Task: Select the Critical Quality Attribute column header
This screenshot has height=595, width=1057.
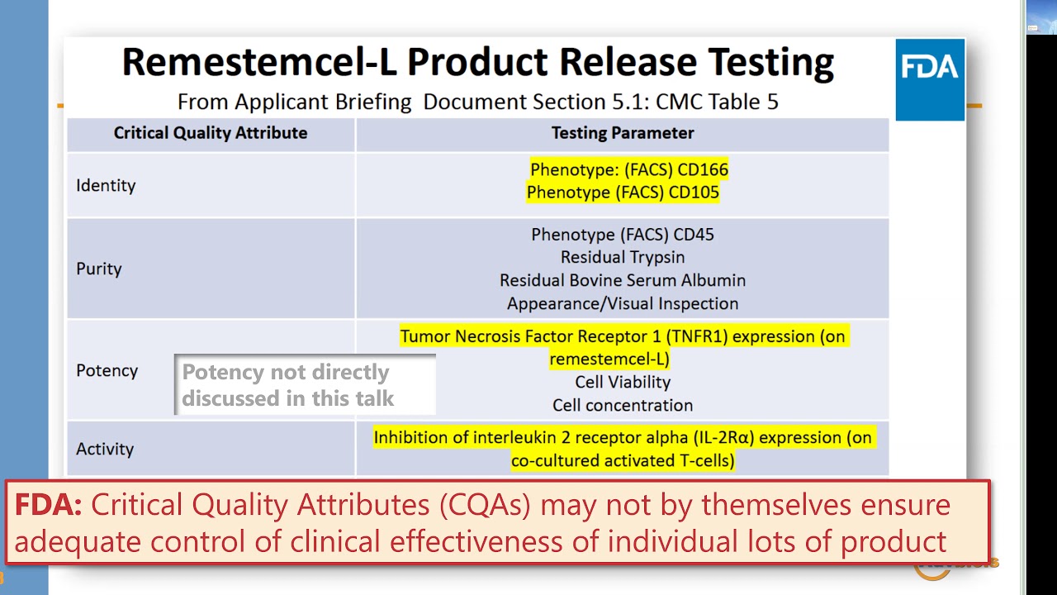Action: pyautogui.click(x=211, y=133)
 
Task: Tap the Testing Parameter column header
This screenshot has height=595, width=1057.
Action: pyautogui.click(x=623, y=133)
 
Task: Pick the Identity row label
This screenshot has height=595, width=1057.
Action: pyautogui.click(x=106, y=186)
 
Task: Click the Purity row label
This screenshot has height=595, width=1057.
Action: pyautogui.click(x=99, y=269)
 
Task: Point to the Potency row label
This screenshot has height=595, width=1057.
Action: pyautogui.click(x=107, y=371)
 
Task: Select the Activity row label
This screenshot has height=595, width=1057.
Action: pyautogui.click(x=105, y=450)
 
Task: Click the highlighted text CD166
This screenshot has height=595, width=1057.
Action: pyautogui.click(x=702, y=170)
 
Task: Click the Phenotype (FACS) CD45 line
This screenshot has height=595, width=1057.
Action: pyautogui.click(x=623, y=235)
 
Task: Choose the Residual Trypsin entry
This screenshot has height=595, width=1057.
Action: pyautogui.click(x=623, y=258)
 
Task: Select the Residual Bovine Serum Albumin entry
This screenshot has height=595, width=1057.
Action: pyautogui.click(x=623, y=281)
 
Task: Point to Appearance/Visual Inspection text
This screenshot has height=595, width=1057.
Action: pyautogui.click(x=623, y=304)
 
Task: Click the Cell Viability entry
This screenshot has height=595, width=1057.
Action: pyautogui.click(x=623, y=383)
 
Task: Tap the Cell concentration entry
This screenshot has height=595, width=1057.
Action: pyautogui.click(x=623, y=406)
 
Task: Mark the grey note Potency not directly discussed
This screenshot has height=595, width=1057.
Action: pyautogui.click(x=287, y=385)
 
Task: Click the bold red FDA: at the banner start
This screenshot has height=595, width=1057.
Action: pyautogui.click(x=48, y=505)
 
